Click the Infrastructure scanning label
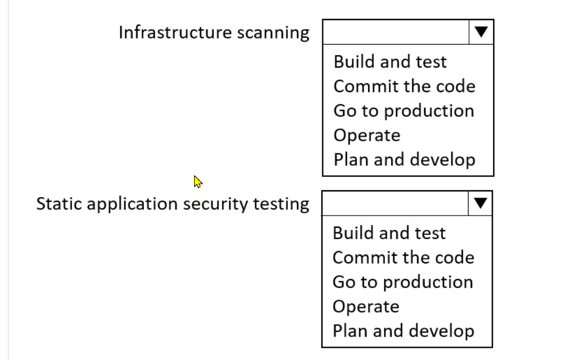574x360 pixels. coord(214,32)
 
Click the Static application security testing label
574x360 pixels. coord(173,204)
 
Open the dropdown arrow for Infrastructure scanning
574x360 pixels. coord(481,32)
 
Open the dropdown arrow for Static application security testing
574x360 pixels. coord(480,203)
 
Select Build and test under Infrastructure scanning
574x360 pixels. coord(390,61)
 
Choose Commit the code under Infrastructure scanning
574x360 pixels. coord(404,87)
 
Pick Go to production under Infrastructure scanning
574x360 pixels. coord(404,111)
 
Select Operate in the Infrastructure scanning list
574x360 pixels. coord(367,136)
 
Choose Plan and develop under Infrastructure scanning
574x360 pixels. coord(404,160)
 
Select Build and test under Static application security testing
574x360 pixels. coord(389,233)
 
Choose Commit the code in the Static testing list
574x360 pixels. coord(403,257)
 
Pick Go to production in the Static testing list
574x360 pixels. coord(403,282)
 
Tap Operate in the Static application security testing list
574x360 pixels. coord(366,306)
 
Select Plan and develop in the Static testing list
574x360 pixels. coord(403,331)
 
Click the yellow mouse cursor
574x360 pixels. coord(198,182)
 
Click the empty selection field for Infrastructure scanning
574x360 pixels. coord(395,32)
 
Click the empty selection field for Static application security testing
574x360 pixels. coord(395,203)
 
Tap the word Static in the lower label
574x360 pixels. coord(59,204)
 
